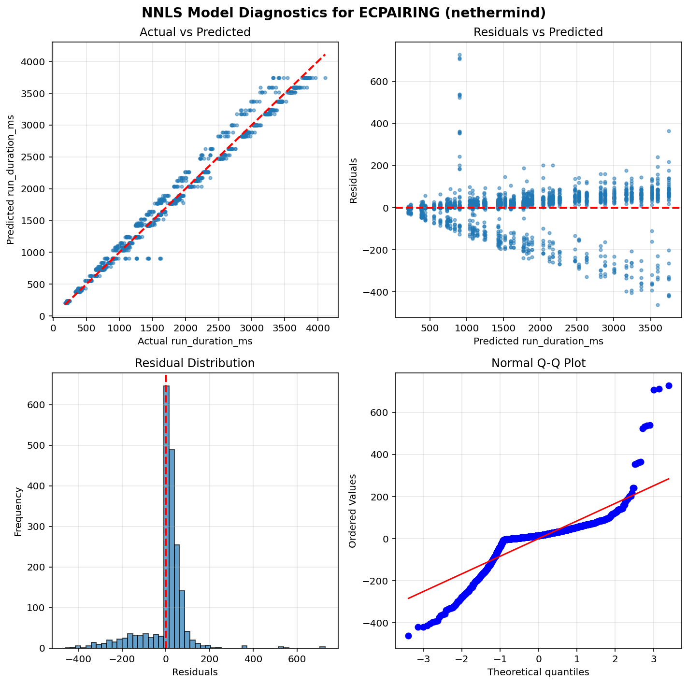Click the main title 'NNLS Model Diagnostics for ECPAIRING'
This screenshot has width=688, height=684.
344,12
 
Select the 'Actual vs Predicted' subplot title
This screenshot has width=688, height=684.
195,32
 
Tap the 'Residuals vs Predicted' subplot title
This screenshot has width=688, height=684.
538,32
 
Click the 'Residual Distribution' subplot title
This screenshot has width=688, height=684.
195,363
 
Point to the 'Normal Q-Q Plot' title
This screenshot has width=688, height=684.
538,363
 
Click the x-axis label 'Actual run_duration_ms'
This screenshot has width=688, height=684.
195,342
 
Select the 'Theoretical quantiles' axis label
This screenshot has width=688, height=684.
538,672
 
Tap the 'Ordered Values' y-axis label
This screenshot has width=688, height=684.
353,511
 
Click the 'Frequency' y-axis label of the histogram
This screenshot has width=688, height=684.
18,511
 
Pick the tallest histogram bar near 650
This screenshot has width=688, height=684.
166,517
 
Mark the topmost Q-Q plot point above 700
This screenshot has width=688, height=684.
669,385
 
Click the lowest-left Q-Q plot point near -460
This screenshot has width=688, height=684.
408,636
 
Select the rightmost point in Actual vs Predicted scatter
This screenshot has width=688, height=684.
325,78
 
